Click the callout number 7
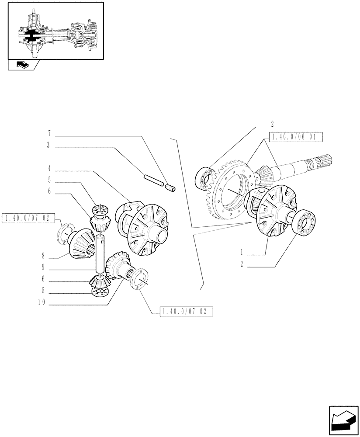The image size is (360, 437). click(49, 132)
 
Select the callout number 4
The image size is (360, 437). click(49, 168)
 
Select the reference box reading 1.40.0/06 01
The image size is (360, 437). click(296, 137)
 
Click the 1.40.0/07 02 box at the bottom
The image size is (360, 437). click(186, 312)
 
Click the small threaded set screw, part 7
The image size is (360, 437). click(170, 188)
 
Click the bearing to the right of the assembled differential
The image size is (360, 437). click(304, 223)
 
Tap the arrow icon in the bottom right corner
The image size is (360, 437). click(341, 420)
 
